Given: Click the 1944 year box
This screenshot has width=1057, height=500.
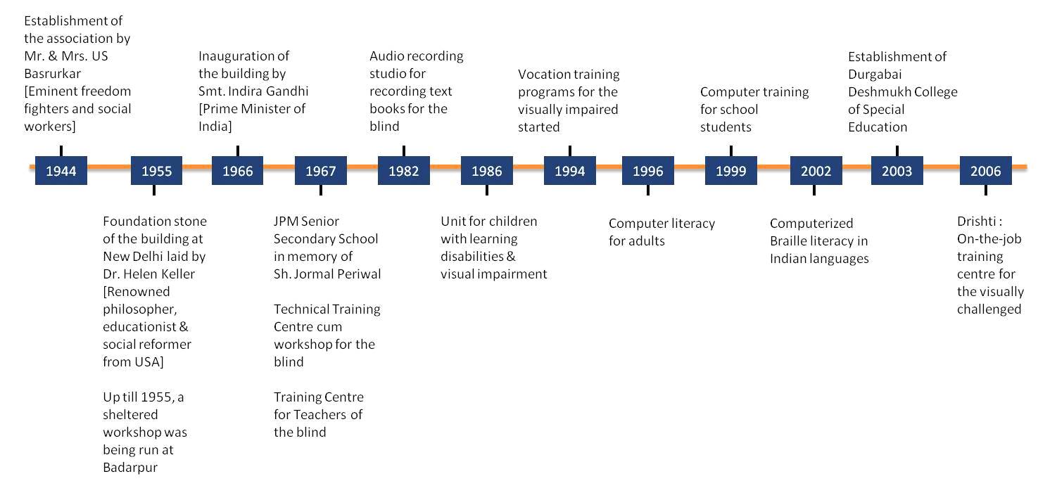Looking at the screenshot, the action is pos(61,170).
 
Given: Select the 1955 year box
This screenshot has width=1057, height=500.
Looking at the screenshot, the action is pos(157,170).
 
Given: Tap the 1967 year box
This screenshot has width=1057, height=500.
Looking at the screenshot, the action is pos(321,170).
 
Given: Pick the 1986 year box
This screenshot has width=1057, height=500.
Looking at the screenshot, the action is pos(487,170).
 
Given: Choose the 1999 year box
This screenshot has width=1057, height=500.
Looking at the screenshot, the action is pos(731,170).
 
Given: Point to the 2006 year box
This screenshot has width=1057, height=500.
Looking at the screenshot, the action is pos(986,170).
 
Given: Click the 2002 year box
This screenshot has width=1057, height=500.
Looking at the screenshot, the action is pos(816,170).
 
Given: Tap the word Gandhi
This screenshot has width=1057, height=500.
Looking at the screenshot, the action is pos(287,91).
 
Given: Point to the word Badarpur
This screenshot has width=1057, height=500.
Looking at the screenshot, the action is pos(130,468).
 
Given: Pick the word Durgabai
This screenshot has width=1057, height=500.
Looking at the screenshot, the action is pos(875,75).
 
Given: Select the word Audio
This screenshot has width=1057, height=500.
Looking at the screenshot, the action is pos(384,56).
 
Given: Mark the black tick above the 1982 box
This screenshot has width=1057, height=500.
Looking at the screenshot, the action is pos(404,151).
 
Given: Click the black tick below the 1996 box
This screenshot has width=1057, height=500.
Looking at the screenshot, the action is pos(648,190).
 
